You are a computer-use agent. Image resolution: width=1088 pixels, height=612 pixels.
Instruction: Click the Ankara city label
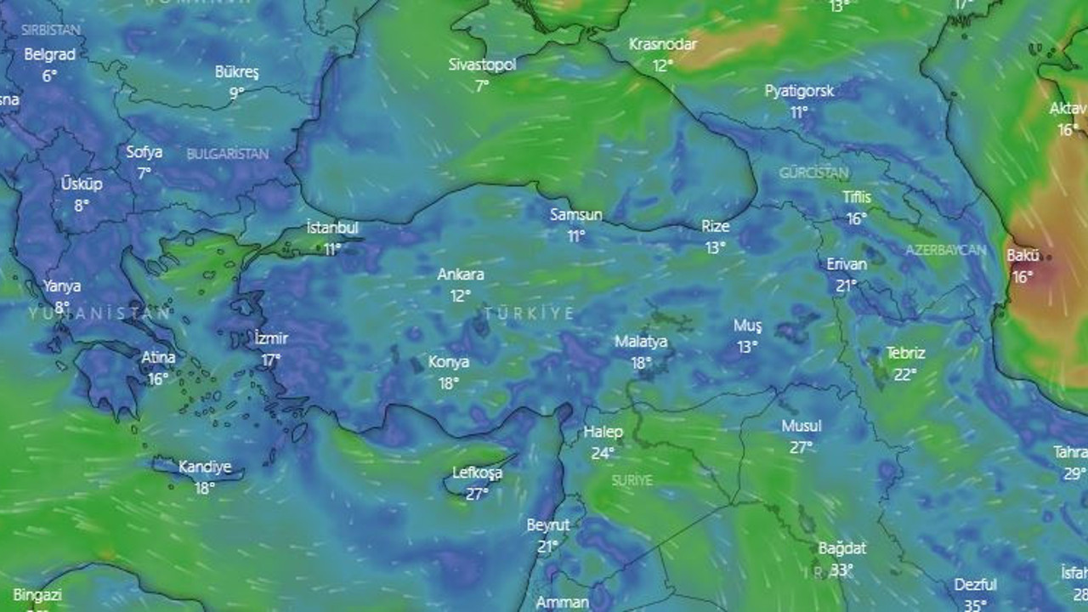pos(461,275)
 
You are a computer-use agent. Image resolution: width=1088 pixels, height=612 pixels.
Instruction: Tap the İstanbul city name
pos(332,228)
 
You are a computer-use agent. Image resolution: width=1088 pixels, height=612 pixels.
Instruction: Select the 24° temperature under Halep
pos(603,453)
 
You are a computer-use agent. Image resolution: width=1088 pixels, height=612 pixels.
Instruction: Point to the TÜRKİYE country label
pos(529,314)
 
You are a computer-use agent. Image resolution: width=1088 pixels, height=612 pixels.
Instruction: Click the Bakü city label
pos(1023,255)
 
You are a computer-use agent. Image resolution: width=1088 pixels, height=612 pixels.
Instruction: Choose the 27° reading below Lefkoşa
pos(477,493)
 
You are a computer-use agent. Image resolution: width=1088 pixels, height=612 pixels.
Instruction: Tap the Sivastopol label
pos(482,65)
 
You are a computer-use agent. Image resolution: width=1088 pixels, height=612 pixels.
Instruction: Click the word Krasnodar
pos(663,44)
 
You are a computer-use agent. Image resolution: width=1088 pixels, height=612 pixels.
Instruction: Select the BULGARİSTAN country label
pos(227,154)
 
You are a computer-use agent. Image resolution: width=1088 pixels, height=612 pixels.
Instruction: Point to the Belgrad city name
pos(49,54)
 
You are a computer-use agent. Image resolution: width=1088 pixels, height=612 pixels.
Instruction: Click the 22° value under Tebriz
pos(905,374)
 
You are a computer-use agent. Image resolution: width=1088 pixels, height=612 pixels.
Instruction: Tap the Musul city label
pos(801,426)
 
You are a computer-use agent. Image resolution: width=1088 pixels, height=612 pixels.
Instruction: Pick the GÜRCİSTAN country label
pos(813,173)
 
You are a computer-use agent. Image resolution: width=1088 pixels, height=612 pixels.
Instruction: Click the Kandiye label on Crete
pos(205,467)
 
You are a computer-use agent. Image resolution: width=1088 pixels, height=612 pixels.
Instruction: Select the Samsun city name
pos(575,215)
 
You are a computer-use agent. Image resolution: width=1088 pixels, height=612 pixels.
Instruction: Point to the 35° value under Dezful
pos(975,605)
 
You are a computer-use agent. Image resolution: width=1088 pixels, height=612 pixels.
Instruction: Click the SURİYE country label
pos(632,480)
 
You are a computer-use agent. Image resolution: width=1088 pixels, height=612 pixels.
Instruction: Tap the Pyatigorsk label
pos(799,91)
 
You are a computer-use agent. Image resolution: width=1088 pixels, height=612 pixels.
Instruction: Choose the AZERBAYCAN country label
pos(945,250)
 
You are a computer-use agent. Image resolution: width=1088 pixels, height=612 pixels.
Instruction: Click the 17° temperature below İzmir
pos(271,360)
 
